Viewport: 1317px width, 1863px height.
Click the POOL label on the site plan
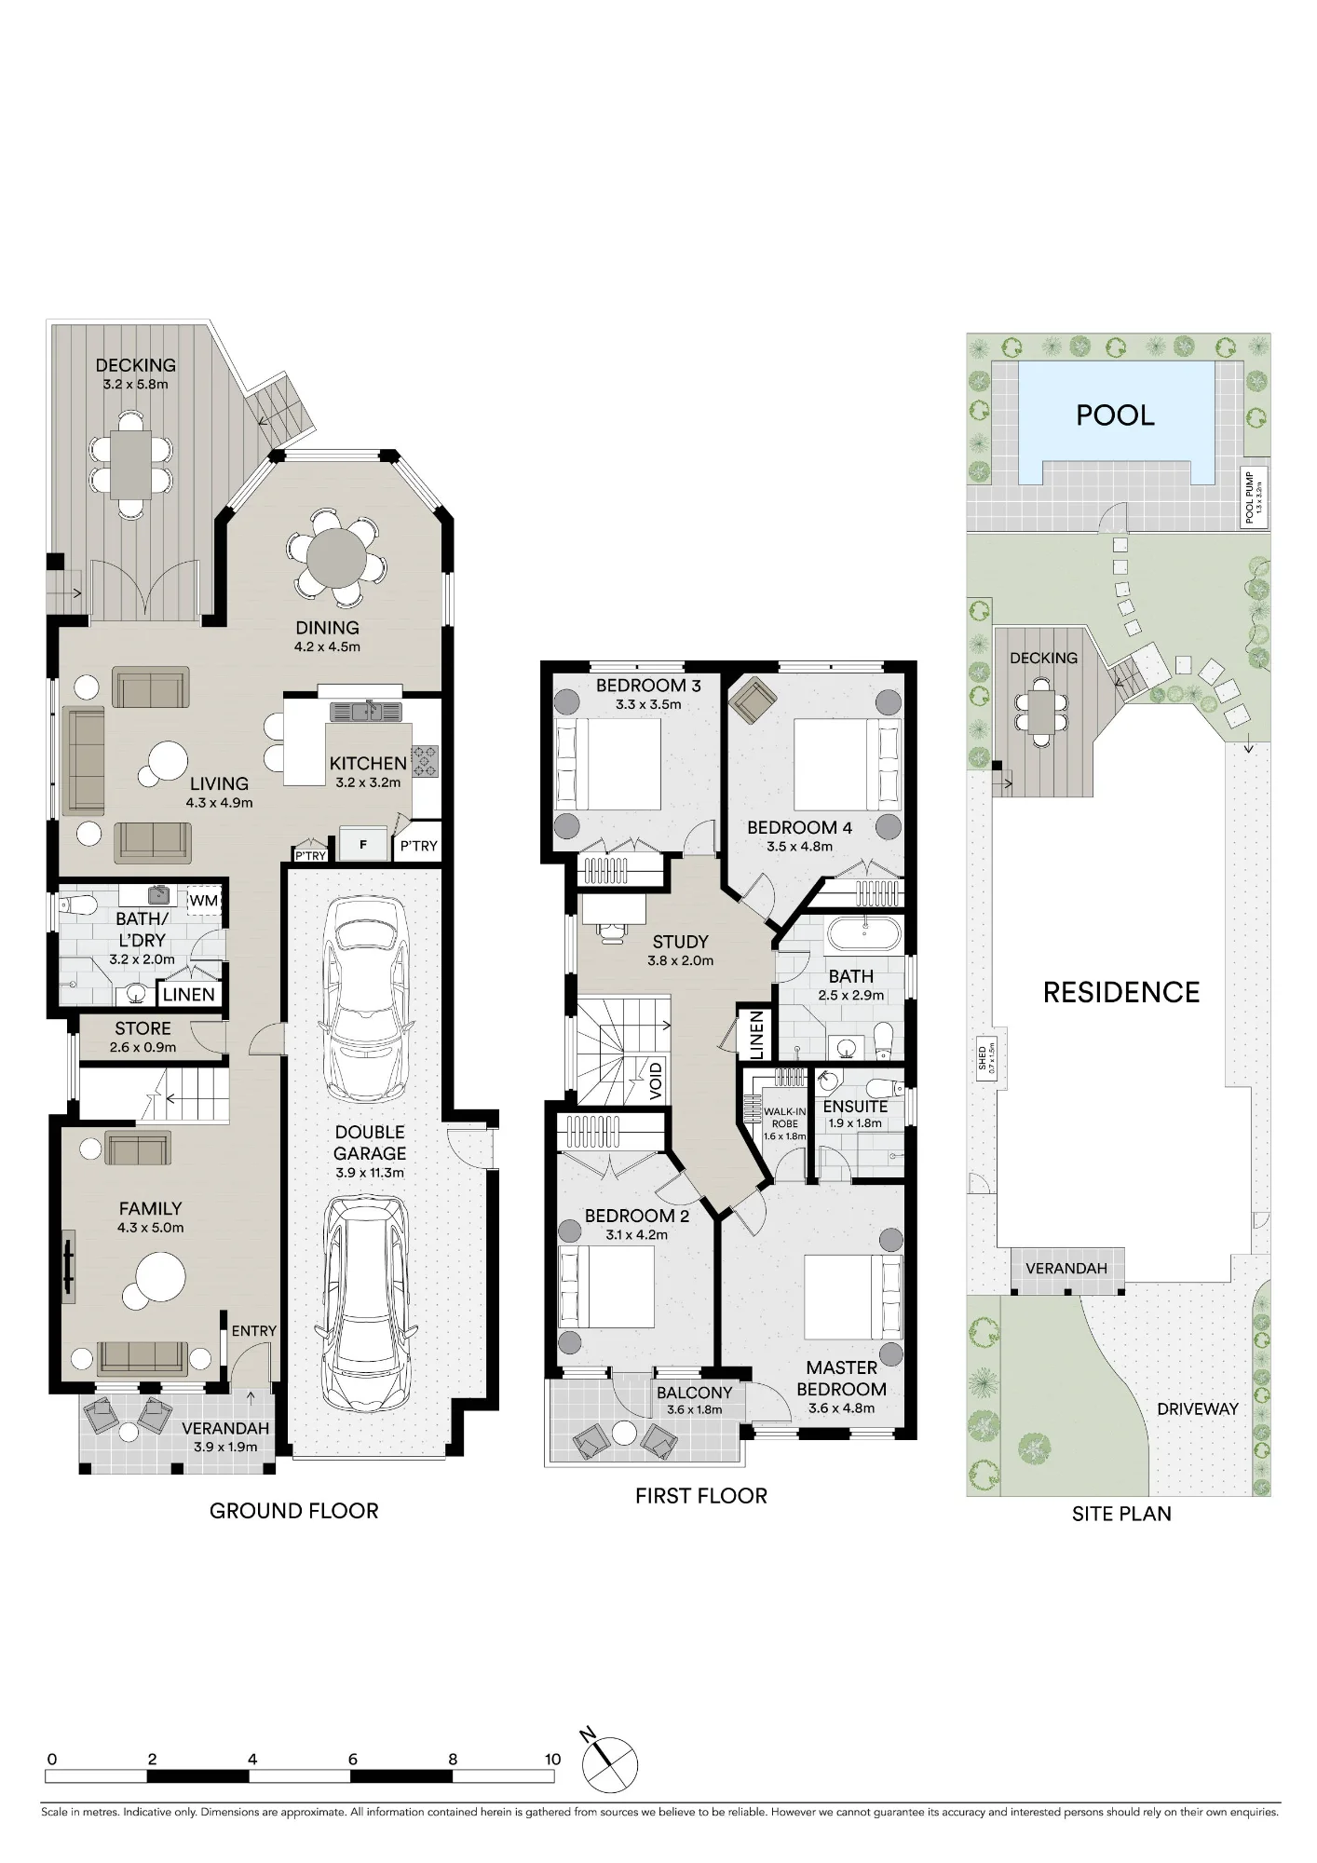point(1115,415)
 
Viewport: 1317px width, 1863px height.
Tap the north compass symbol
point(610,1763)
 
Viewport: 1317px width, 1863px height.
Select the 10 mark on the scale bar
point(553,1760)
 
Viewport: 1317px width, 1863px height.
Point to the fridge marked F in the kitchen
point(363,845)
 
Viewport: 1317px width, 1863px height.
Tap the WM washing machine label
point(203,901)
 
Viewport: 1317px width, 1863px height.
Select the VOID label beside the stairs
point(656,1081)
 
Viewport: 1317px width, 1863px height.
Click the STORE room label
point(143,1028)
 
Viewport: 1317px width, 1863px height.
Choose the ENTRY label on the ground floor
point(254,1331)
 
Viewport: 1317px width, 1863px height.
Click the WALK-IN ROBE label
point(785,1117)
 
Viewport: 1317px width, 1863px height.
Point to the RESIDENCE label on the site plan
point(1121,993)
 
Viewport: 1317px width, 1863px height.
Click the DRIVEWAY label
point(1198,1409)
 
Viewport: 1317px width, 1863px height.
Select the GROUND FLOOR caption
point(294,1511)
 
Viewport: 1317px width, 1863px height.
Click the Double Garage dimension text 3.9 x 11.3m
point(370,1173)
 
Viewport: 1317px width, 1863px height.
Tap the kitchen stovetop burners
point(426,761)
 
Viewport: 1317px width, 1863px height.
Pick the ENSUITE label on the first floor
point(855,1107)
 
